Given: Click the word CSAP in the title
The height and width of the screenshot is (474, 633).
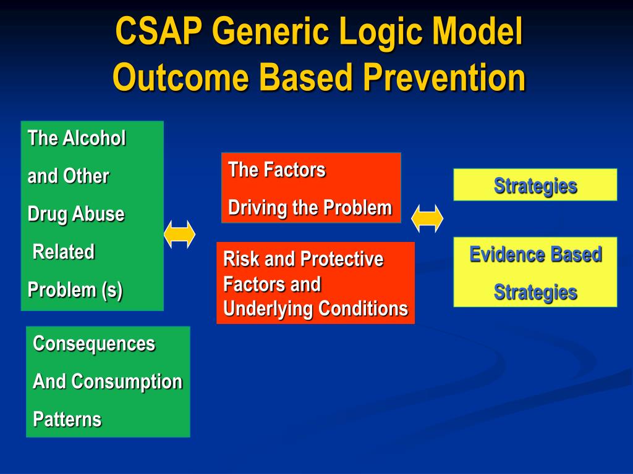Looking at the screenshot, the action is click(159, 31).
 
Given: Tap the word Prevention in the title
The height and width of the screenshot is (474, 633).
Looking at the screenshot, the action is click(444, 77).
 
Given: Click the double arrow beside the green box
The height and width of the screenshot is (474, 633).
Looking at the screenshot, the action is click(180, 234).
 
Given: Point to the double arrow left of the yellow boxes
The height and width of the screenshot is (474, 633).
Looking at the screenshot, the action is click(427, 218).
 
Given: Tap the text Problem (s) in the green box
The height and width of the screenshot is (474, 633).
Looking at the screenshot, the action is click(75, 290).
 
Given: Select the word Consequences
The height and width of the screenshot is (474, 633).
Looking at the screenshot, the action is click(94, 344).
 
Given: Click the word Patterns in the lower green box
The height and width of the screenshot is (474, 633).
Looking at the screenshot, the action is click(67, 419).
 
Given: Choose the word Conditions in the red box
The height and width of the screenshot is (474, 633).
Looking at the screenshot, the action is click(363, 309).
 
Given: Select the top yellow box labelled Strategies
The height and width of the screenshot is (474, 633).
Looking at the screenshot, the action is click(535, 185).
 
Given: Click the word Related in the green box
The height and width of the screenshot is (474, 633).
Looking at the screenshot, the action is click(64, 252).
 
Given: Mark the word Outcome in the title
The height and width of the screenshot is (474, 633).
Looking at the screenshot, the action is click(181, 77).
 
